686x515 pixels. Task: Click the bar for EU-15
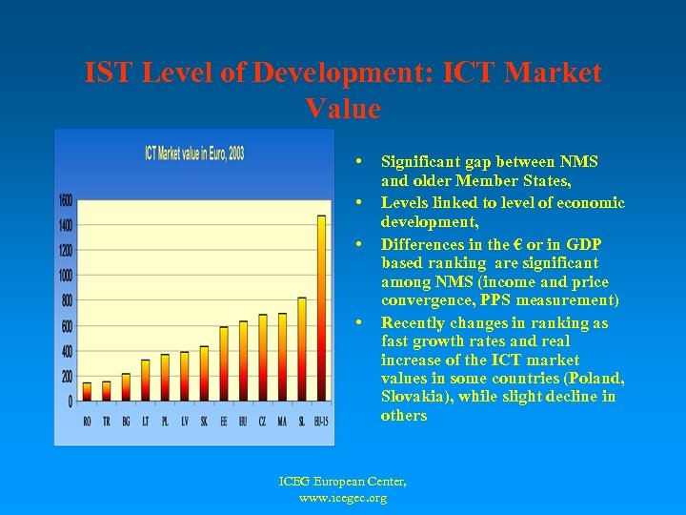pyautogui.click(x=321, y=309)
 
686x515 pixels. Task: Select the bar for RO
pyautogui.click(x=87, y=392)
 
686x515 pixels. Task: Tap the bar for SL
pyautogui.click(x=302, y=349)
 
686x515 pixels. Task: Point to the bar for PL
pyautogui.click(x=165, y=378)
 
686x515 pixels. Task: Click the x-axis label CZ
pyautogui.click(x=263, y=422)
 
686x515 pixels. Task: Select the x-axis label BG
pyautogui.click(x=126, y=422)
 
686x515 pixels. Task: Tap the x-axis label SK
pyautogui.click(x=204, y=422)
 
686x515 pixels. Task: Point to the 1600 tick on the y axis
pyautogui.click(x=64, y=200)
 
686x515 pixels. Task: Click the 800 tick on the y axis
pyautogui.click(x=66, y=301)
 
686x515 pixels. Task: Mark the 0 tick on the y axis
pyautogui.click(x=69, y=402)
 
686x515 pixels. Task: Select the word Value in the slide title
pyautogui.click(x=343, y=109)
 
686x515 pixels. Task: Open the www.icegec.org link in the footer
pyautogui.click(x=343, y=497)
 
